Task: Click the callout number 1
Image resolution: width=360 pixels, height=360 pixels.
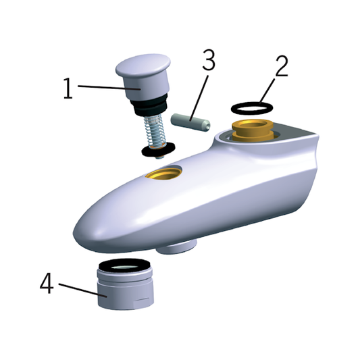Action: [68, 88]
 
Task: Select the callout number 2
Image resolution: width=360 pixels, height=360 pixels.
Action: [281, 66]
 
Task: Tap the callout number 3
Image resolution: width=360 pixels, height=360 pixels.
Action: [209, 59]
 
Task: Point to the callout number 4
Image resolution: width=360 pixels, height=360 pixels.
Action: [47, 283]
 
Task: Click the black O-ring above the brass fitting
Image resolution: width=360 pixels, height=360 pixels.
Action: [252, 113]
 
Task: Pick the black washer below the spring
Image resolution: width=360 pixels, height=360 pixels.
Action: [159, 149]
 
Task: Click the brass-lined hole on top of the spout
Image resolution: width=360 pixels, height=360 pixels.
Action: [164, 174]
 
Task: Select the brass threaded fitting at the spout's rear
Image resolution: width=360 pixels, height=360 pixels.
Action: [253, 130]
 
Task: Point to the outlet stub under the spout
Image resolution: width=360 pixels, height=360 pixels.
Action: [176, 247]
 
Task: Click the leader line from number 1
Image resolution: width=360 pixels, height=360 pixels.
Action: [109, 88]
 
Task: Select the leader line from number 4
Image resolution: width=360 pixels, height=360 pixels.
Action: [83, 290]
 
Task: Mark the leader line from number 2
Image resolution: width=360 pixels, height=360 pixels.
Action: [267, 91]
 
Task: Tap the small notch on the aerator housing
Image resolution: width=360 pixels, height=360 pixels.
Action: [142, 300]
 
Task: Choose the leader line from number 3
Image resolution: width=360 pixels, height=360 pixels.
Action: [199, 98]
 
